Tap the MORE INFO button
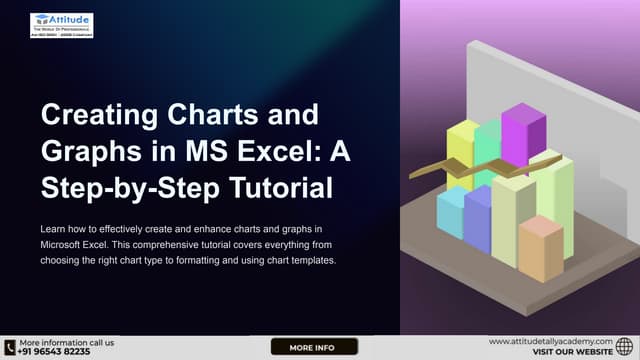coord(314,347)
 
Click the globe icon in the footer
coord(625,347)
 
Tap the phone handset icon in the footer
coord(10,347)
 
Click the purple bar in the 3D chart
coord(522,140)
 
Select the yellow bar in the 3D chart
coord(461,155)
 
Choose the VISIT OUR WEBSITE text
coord(572,353)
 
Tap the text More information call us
coord(66,341)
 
